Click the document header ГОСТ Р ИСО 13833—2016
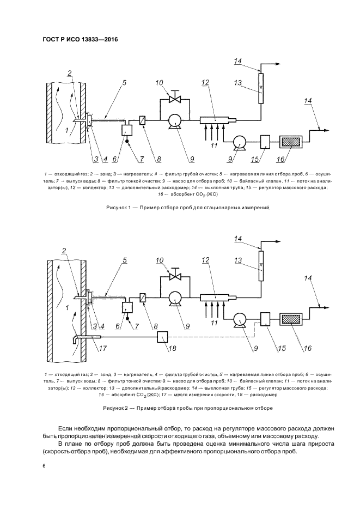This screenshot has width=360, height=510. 80,40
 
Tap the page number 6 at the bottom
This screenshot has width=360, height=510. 44,466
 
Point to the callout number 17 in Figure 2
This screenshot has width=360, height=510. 103,348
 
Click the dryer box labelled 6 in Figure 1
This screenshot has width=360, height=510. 127,131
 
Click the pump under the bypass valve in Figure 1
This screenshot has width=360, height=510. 175,122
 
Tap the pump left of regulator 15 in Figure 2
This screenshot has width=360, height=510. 240,319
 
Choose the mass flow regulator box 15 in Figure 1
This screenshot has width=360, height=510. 265,142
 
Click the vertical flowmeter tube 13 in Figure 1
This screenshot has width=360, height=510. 261,88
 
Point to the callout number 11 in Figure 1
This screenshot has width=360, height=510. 214,145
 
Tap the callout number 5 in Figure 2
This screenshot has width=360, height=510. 125,260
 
